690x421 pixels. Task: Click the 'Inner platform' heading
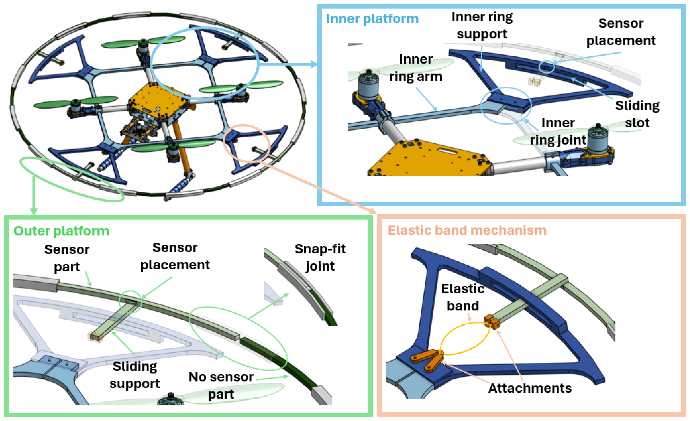click(372, 19)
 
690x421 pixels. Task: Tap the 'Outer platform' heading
click(61, 231)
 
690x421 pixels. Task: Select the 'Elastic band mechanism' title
click(467, 230)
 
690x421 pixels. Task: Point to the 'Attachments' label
click(530, 388)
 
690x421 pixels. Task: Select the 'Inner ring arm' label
click(416, 68)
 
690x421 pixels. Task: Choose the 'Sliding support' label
click(135, 375)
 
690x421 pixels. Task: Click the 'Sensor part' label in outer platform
click(67, 258)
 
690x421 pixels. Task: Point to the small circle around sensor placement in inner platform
click(546, 67)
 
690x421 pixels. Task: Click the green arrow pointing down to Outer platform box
click(34, 196)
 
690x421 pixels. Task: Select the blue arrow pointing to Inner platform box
click(288, 64)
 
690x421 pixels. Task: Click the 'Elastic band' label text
click(463, 297)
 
